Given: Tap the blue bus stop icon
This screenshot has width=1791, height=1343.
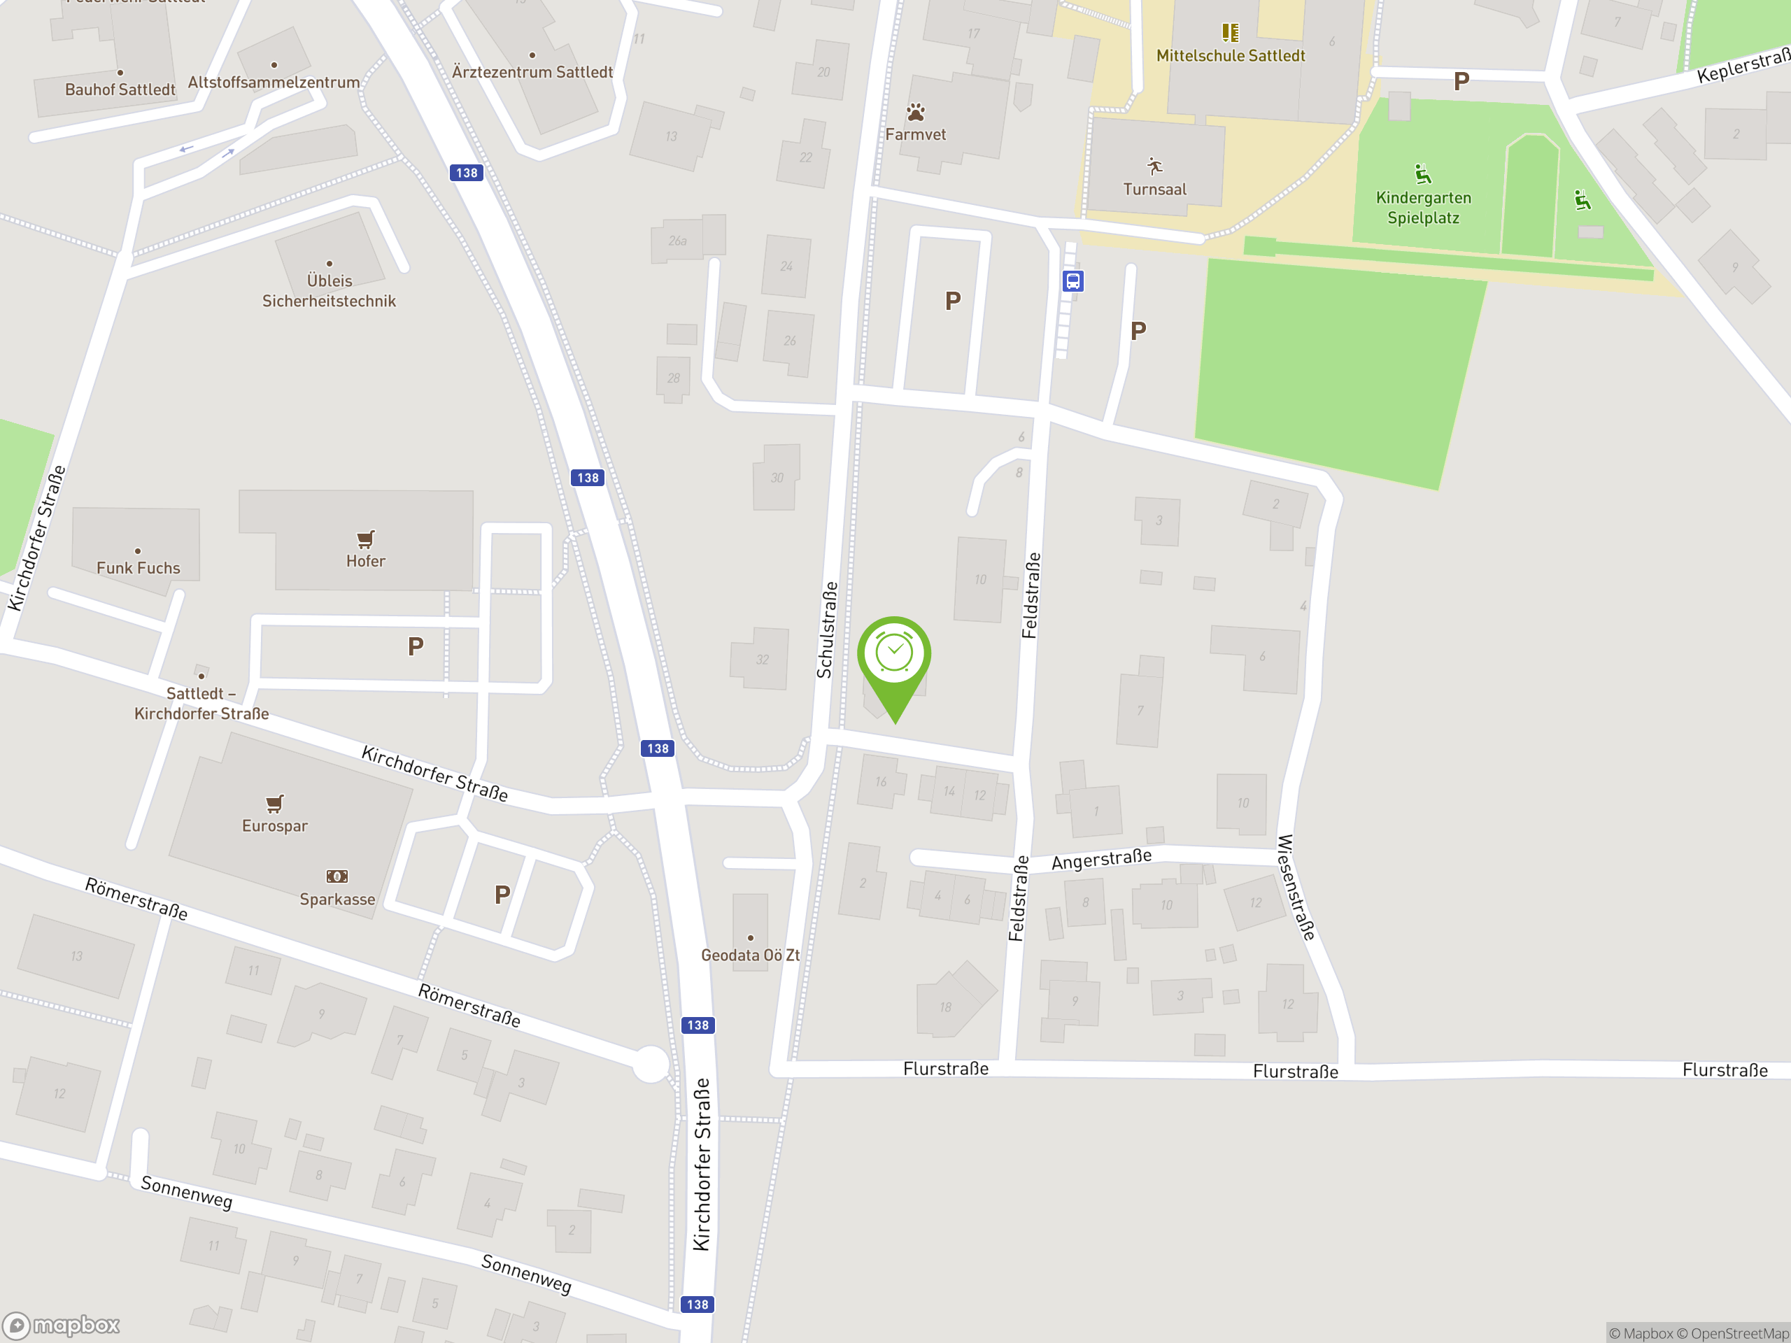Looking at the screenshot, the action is point(1073,281).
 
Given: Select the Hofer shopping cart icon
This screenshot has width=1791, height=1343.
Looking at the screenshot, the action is point(366,539).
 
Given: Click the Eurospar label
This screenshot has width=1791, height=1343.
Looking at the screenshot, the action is point(274,825).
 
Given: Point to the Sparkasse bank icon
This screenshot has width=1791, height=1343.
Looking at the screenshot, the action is point(337,876).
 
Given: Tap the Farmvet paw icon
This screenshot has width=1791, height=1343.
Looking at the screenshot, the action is point(916,113).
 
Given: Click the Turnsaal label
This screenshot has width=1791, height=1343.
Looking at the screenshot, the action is point(1154,190).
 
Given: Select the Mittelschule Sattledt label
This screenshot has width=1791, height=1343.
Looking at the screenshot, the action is point(1230,56).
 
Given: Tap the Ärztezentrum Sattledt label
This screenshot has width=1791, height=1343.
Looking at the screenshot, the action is point(532,72).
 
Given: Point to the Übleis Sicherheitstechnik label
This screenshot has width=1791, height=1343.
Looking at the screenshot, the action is point(329,290).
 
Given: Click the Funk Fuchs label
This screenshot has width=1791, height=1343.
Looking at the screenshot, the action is point(139,568).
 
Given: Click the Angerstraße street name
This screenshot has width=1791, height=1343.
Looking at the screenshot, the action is point(1101,860).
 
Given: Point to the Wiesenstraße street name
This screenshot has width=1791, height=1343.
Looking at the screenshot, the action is point(1296,887).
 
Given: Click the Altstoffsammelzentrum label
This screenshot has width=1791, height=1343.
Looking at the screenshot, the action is point(274,83).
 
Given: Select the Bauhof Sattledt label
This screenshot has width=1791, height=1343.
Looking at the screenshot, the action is point(120,90).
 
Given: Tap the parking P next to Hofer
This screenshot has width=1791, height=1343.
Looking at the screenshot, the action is point(416,646).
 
